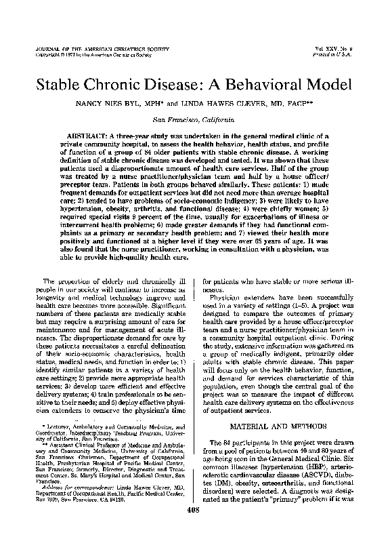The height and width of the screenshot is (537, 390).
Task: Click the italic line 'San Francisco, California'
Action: point(195,119)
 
